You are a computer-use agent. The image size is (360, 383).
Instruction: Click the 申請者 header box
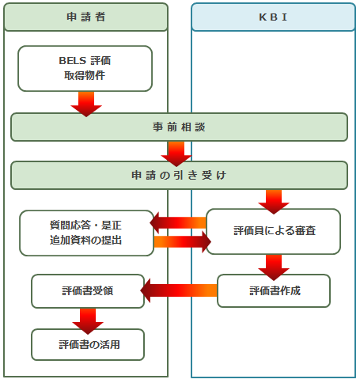pos(86,17)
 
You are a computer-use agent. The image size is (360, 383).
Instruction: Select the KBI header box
pos(274,17)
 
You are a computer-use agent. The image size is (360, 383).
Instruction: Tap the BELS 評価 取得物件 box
pos(85,69)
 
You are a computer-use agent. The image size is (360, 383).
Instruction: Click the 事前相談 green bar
pos(180,127)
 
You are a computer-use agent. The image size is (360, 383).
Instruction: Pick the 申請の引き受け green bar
pos(180,175)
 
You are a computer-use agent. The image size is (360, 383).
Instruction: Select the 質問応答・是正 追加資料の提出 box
pos(86,233)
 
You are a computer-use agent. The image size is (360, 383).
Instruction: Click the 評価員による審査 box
pos(274,232)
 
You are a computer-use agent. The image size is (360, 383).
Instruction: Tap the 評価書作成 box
pos(274,290)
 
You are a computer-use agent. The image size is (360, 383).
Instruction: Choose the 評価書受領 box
pos(88,291)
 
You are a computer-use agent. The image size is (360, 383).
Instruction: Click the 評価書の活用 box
pos(88,344)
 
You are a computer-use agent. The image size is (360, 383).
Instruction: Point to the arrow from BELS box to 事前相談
pos(86,104)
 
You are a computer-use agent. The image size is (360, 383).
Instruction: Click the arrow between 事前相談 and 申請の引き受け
pos(176,154)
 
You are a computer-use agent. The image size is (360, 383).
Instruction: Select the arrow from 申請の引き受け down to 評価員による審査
pos(274,202)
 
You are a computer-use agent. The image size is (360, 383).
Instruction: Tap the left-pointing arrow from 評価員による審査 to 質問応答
pos(178,223)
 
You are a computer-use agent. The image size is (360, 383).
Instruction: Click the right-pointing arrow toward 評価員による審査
pos(183,241)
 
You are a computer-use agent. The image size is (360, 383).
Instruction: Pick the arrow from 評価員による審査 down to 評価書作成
pos(274,267)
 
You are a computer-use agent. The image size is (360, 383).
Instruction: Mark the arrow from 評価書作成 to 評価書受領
pos(179,290)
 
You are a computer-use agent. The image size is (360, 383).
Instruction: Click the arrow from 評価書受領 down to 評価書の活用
pos(88,321)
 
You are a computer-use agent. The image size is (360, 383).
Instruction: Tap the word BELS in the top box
pos(73,61)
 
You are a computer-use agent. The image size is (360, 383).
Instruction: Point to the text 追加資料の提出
pos(85,241)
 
